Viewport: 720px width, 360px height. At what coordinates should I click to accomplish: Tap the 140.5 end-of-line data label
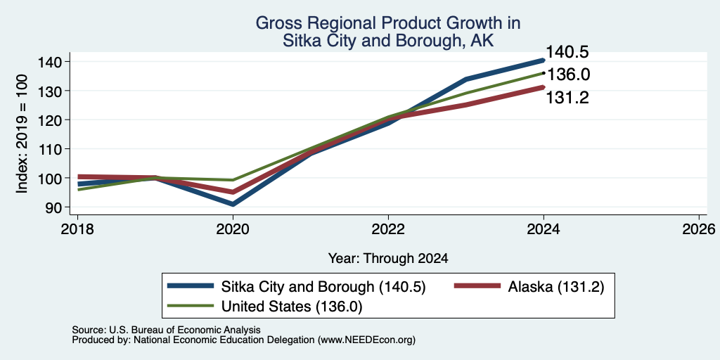coord(567,52)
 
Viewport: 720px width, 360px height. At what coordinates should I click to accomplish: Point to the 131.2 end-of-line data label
coord(567,97)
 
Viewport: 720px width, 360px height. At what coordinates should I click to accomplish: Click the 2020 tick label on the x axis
coord(233,229)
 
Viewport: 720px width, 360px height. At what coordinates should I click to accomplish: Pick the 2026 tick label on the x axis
coord(699,229)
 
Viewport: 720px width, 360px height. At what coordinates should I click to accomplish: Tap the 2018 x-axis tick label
coord(77,229)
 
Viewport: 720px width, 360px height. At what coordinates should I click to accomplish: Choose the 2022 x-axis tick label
coord(388,229)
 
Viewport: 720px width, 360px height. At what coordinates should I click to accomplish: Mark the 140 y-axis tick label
coord(56,62)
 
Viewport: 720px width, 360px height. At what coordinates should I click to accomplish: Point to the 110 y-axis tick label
coord(56,149)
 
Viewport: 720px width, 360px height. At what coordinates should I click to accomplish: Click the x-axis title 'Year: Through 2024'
coord(388,259)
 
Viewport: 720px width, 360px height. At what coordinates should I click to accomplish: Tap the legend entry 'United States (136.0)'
coord(265,307)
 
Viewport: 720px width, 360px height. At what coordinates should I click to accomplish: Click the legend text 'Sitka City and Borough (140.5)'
coord(297,287)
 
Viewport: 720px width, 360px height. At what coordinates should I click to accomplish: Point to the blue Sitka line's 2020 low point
coord(233,204)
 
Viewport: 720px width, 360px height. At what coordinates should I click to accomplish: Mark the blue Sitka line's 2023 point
coord(466,79)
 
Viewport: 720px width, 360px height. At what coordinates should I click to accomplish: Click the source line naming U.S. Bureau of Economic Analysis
coord(166,330)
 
